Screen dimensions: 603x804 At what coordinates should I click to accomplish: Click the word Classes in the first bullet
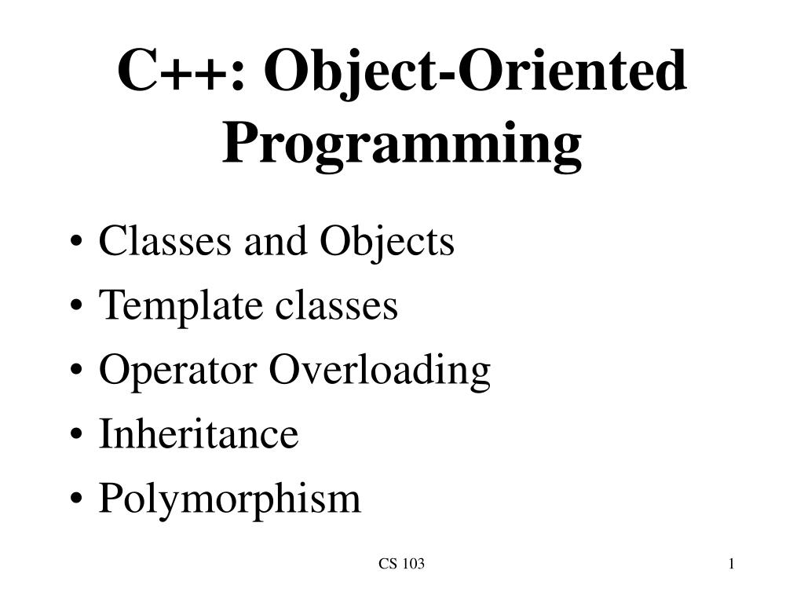click(166, 242)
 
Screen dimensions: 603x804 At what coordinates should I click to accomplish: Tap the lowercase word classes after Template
click(335, 306)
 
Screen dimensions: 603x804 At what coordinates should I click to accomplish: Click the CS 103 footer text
click(401, 564)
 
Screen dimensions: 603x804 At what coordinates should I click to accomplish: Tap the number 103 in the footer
click(412, 564)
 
